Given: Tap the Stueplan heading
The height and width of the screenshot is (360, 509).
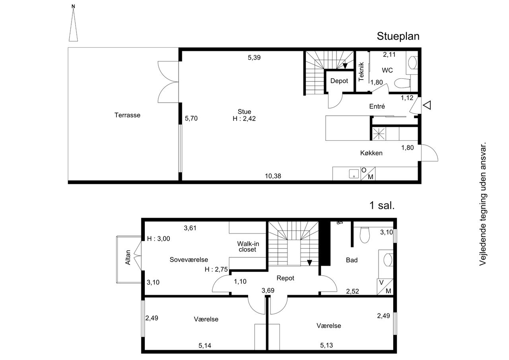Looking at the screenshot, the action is (398, 36).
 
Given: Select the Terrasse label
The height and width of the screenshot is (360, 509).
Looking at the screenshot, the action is (127, 115).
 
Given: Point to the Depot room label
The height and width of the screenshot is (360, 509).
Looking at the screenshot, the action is (339, 81).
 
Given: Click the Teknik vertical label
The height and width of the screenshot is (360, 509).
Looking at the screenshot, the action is (361, 72).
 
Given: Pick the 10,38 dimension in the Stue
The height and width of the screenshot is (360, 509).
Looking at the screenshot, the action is (273, 176).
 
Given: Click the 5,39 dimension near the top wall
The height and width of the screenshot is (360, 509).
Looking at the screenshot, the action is (254, 58).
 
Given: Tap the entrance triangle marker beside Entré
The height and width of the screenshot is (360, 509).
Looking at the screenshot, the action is (427, 105).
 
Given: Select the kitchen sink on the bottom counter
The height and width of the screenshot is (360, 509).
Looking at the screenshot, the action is (354, 174).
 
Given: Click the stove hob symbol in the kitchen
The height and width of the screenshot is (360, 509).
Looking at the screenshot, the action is (379, 134).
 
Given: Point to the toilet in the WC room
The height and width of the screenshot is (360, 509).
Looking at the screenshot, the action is (402, 83).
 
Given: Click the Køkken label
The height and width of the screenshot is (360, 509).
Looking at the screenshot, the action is (371, 153).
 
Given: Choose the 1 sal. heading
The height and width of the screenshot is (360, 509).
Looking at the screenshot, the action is (382, 205).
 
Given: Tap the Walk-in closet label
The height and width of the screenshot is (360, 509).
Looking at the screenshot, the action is (248, 247).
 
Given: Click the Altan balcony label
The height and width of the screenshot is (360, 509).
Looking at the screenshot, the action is (128, 257).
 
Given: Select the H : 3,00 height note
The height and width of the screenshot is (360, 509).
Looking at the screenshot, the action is (158, 239).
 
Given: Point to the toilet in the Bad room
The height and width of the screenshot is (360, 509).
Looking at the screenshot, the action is (365, 235).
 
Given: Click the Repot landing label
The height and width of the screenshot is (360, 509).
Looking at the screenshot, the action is (285, 278).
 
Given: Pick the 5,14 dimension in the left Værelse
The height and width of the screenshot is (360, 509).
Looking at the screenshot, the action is (205, 346).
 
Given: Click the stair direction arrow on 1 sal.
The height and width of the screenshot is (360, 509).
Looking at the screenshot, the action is (309, 263).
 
